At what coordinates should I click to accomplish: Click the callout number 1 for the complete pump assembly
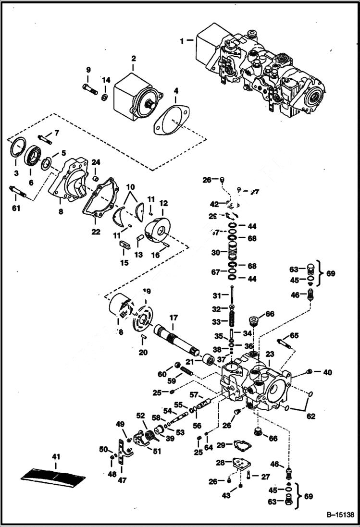(182, 41)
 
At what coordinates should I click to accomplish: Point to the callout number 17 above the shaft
(174, 318)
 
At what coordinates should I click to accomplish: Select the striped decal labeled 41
(53, 477)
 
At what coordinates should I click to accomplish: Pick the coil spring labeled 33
(232, 320)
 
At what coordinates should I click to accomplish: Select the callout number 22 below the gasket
(96, 232)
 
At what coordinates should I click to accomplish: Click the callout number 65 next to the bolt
(294, 335)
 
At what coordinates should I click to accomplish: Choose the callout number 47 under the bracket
(122, 480)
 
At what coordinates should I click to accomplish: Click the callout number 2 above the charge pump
(133, 59)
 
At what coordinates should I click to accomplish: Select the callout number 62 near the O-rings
(311, 416)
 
